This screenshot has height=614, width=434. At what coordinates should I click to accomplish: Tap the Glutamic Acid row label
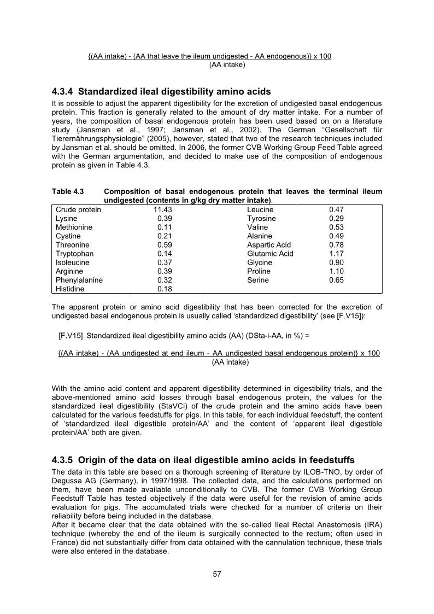coord(270,254)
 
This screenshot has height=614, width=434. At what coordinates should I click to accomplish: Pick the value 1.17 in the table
coord(337,254)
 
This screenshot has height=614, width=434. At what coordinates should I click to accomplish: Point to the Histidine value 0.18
coord(165,289)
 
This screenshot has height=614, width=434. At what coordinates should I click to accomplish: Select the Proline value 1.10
coord(337,271)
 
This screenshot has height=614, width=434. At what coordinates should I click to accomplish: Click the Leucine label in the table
coord(261,209)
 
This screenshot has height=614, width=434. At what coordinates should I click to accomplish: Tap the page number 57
coord(216,574)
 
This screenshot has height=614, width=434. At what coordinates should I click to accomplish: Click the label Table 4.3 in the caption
coord(67,192)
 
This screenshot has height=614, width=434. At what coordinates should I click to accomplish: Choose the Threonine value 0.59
coord(165,245)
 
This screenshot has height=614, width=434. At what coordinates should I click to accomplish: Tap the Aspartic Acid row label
coord(269,245)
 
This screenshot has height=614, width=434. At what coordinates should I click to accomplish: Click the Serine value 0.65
coord(337,280)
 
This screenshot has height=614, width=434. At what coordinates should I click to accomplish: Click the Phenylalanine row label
coord(79,280)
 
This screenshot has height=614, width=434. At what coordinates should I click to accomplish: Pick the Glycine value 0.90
coord(337,262)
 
